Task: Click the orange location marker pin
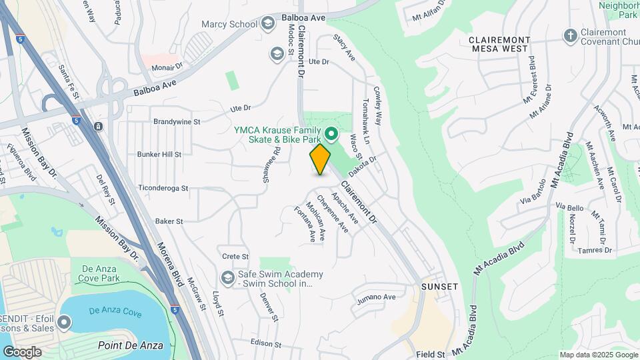320,159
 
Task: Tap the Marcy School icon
268,24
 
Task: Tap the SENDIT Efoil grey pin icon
64,323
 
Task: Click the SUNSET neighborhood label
439,287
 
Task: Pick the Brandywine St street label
177,122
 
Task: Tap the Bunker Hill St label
159,155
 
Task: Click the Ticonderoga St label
163,189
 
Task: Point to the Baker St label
169,221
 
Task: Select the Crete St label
235,256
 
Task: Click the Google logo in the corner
22,351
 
